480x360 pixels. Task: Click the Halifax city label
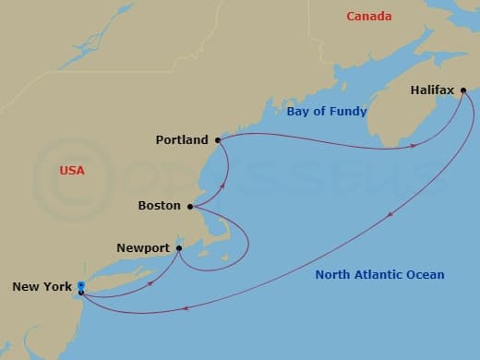point(433,91)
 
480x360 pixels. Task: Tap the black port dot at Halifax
point(463,90)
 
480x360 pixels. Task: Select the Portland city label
point(182,140)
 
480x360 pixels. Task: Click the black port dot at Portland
point(218,140)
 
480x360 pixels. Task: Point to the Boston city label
point(158,206)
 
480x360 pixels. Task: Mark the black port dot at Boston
point(190,206)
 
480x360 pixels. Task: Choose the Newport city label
point(143,247)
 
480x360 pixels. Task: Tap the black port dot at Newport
point(178,247)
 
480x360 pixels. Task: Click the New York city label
point(42,287)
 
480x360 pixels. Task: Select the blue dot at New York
point(81,285)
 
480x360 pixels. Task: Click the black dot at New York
point(81,293)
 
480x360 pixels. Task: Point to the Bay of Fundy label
point(327,112)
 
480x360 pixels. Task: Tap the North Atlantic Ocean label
point(379,274)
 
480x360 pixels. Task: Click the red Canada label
point(368,16)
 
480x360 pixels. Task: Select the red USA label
point(71,171)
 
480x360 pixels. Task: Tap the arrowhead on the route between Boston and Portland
point(222,185)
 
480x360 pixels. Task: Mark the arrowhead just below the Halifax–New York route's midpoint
point(390,215)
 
